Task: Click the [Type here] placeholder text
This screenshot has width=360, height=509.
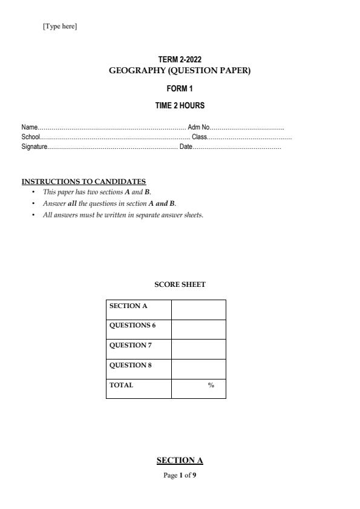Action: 60,27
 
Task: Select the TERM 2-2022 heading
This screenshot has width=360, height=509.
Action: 180,60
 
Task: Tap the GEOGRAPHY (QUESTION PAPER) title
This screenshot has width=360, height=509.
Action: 180,71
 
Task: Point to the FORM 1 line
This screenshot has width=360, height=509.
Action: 180,89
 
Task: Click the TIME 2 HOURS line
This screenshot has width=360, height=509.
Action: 180,106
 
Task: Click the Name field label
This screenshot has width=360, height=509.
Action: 30,128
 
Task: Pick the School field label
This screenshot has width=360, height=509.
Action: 31,137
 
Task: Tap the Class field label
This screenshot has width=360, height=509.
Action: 200,137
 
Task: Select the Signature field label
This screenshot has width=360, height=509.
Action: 34,146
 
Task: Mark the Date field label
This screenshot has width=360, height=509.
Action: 186,146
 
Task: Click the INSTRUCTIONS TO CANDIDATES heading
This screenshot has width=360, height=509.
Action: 83,182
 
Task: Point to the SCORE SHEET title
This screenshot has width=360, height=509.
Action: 180,284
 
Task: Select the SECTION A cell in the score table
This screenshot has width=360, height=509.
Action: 128,306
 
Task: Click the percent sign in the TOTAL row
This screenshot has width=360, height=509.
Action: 211,386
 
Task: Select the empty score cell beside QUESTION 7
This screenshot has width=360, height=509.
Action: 198,349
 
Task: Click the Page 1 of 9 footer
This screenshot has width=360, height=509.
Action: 180,476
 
